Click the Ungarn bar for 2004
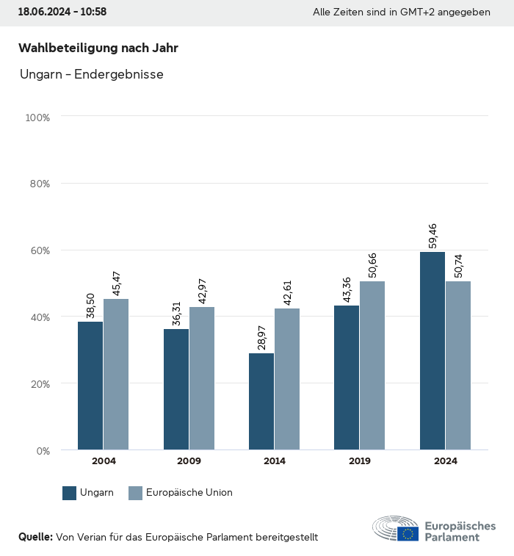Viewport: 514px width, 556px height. click(x=90, y=386)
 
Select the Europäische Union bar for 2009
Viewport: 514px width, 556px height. click(x=202, y=378)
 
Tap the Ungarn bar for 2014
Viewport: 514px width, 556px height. click(x=261, y=402)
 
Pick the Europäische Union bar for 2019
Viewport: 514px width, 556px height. click(x=372, y=365)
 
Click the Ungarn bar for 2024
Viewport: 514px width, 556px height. click(x=432, y=350)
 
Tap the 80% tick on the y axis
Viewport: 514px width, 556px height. click(x=40, y=184)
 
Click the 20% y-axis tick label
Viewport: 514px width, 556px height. click(x=40, y=383)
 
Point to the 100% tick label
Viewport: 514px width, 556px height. click(x=37, y=118)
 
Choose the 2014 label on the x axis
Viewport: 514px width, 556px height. click(x=275, y=461)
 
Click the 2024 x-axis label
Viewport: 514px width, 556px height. click(x=445, y=461)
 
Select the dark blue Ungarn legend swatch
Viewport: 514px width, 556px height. click(x=70, y=493)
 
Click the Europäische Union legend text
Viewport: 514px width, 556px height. click(x=189, y=493)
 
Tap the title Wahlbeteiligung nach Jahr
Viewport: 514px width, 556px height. click(x=98, y=48)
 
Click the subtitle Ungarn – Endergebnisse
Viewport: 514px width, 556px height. click(x=91, y=74)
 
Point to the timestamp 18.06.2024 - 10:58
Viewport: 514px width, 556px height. click(x=62, y=12)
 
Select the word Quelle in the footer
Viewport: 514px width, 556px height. click(x=35, y=537)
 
